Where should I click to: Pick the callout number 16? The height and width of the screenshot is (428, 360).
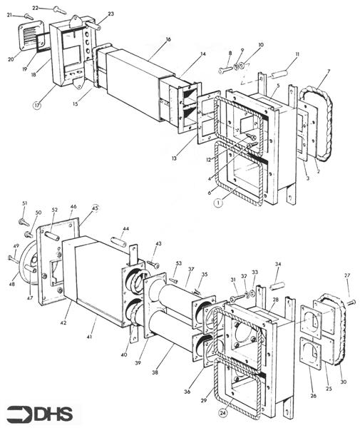[168, 40]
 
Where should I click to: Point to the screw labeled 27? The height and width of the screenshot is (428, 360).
[350, 303]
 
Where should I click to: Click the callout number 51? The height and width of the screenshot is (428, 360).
[24, 203]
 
